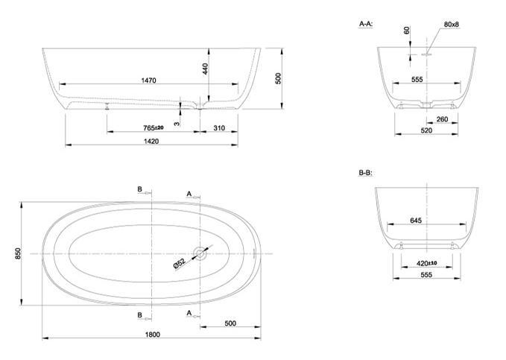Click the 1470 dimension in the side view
(x=149, y=80)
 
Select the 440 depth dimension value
(x=205, y=69)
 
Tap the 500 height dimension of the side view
(x=278, y=78)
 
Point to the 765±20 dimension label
(x=154, y=128)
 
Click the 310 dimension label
(x=219, y=128)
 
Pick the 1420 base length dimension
(x=151, y=141)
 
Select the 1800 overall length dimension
(x=152, y=335)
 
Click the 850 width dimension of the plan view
(x=18, y=253)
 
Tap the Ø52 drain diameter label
(x=180, y=263)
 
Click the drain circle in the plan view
(x=200, y=253)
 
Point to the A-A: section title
(x=366, y=24)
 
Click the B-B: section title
(x=366, y=173)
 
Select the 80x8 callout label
(x=452, y=24)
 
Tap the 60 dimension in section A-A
(x=407, y=31)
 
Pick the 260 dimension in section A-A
(x=442, y=119)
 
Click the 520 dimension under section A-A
(x=426, y=130)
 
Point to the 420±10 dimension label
(x=426, y=263)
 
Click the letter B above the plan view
(x=140, y=189)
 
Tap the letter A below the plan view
(x=189, y=313)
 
